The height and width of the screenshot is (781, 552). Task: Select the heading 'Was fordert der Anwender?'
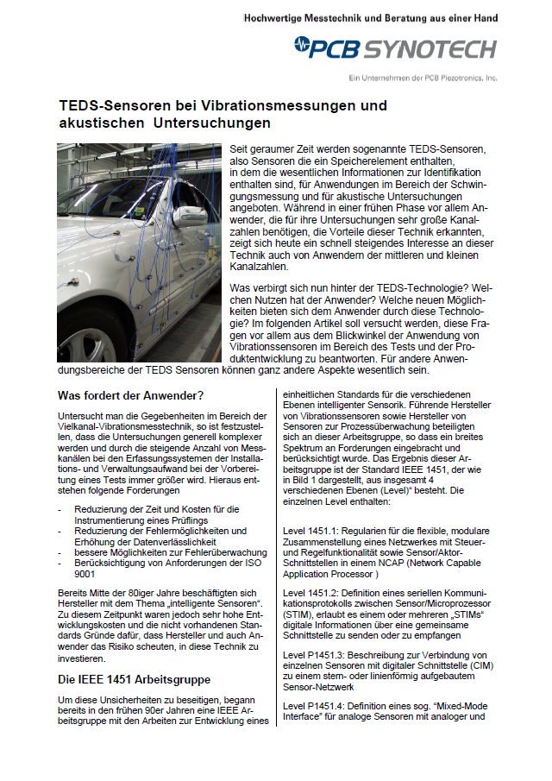(129, 396)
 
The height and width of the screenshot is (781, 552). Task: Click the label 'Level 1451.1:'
(315, 528)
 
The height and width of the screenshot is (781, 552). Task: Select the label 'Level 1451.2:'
(315, 593)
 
